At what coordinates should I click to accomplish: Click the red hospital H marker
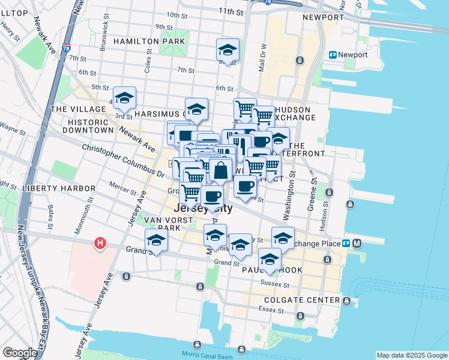pos(100,244)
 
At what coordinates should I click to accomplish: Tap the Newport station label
pos(352,55)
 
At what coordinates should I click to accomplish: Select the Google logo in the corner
pos(20,353)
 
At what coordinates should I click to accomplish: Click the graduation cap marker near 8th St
pos(228,50)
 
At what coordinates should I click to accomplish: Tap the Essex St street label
pos(271,310)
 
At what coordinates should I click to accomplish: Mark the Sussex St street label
pos(275,284)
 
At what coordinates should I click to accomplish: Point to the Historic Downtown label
pos(83,125)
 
